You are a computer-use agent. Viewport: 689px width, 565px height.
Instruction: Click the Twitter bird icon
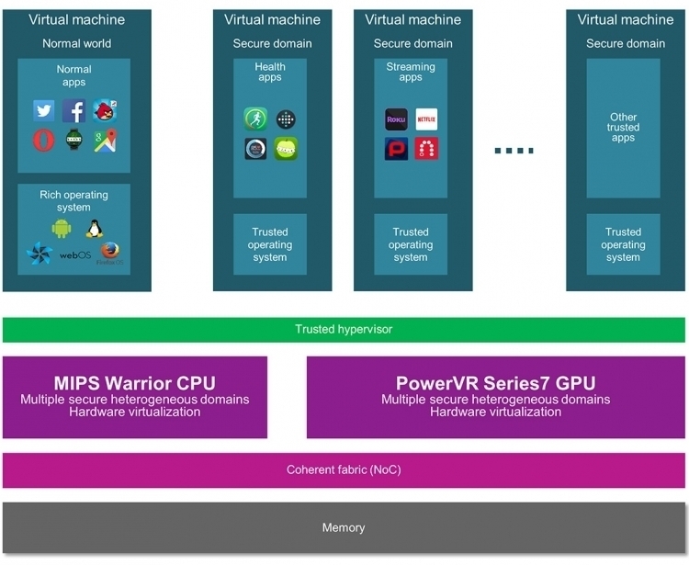click(44, 110)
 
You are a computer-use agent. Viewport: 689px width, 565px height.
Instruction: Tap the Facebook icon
click(73, 110)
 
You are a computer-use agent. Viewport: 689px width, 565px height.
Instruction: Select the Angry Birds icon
click(105, 110)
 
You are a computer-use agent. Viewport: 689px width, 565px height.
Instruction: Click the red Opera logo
click(44, 141)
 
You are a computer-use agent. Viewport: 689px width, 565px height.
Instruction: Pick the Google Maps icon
click(106, 141)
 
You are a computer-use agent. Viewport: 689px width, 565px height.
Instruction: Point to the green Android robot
click(62, 229)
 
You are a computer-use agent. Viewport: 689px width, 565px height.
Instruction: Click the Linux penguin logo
click(95, 229)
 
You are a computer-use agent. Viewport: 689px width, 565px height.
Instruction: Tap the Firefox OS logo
click(110, 254)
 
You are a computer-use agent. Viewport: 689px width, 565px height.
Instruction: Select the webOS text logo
click(75, 254)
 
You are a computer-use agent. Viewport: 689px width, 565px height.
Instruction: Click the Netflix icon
click(426, 119)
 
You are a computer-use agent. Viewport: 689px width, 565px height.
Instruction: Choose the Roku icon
click(396, 119)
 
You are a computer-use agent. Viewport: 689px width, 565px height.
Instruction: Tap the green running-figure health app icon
click(255, 119)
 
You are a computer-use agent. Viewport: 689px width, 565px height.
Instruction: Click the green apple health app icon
click(286, 149)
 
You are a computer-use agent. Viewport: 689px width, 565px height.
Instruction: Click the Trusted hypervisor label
click(344, 329)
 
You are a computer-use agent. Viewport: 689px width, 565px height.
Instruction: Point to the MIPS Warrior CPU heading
click(135, 383)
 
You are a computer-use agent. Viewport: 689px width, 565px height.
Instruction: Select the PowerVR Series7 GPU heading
click(496, 383)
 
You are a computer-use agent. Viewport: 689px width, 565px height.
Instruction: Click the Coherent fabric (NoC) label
click(344, 469)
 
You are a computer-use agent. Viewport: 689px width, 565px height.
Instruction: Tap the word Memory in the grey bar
click(344, 527)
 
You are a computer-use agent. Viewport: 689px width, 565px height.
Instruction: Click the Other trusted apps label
click(623, 128)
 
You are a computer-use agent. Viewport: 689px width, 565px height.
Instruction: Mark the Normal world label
click(77, 43)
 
